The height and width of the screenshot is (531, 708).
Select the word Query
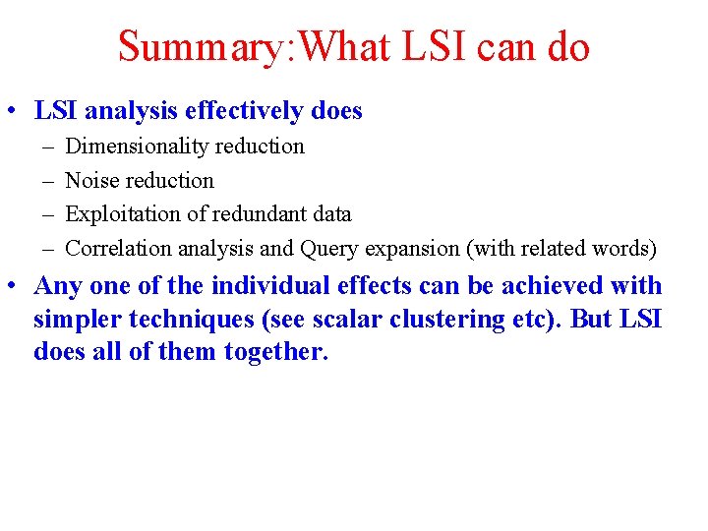pyautogui.click(x=326, y=249)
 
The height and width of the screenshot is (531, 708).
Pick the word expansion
pyautogui.click(x=412, y=249)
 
